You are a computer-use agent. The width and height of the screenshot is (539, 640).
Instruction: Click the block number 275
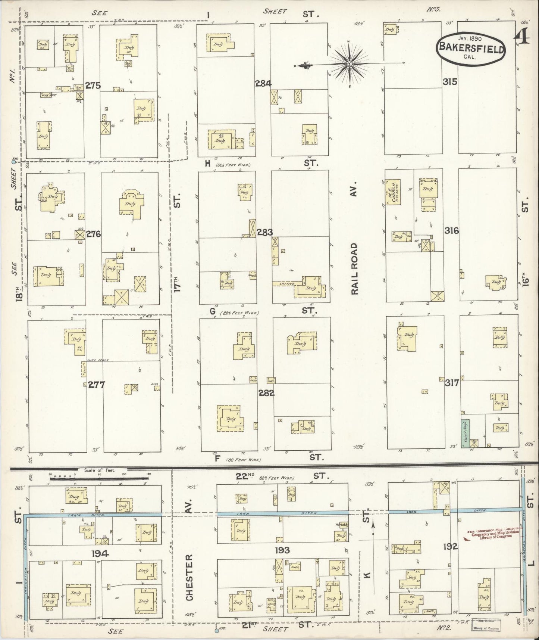click(x=93, y=86)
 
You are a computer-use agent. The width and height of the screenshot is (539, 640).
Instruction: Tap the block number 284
click(x=263, y=84)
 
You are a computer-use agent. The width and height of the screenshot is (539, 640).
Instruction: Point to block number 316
click(x=451, y=231)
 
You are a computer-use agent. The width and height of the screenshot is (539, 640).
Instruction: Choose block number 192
click(x=450, y=547)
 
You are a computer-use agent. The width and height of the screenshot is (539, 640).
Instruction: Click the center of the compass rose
click(x=349, y=64)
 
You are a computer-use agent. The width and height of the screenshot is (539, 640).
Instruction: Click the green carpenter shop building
click(x=466, y=433)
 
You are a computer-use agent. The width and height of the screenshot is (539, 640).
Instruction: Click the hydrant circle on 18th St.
click(x=14, y=161)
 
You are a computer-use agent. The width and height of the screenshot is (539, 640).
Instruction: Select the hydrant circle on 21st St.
click(x=216, y=631)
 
